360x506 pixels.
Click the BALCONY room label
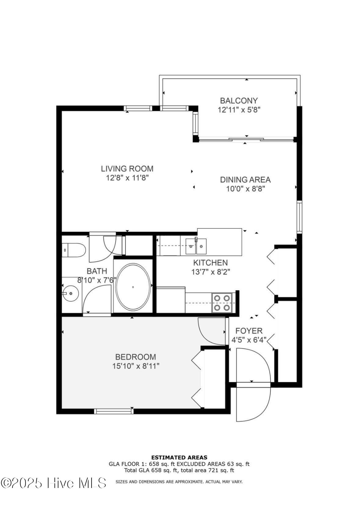coord(239,101)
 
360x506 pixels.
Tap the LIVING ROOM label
coord(127,169)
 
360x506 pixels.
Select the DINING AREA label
coord(245,180)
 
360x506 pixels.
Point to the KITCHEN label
coord(211,262)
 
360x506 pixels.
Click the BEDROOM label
coord(136,357)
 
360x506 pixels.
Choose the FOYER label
coord(249,331)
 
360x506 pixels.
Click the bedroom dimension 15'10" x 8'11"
coord(136,366)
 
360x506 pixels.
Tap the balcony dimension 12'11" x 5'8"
coord(239,110)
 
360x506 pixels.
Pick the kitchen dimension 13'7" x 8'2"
coord(211,272)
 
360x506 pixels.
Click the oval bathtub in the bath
coord(133,287)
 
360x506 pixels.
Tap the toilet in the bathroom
coord(74,250)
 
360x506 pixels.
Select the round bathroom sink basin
coord(71,293)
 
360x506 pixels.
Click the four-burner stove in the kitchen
coord(222,303)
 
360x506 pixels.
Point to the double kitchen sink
coord(196,247)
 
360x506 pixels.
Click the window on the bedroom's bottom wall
coord(114,411)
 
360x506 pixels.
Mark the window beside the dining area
coord(299,217)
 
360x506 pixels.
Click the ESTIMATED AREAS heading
coord(179,457)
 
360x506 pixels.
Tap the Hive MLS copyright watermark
coord(53,483)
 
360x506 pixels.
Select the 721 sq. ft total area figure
coord(220,471)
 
